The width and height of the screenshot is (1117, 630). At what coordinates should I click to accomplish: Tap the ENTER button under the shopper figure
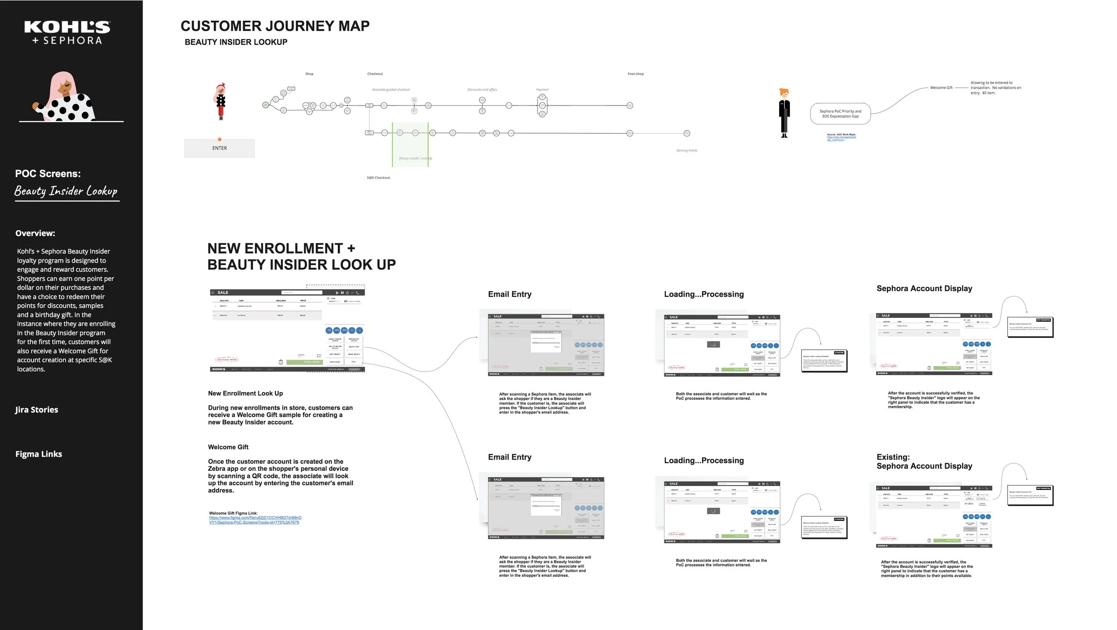tap(219, 148)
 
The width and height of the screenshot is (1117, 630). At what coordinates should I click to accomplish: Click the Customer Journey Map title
tap(275, 26)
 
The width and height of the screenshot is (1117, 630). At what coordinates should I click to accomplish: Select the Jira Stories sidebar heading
tap(37, 410)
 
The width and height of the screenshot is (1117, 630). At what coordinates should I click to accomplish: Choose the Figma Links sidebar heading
tap(39, 454)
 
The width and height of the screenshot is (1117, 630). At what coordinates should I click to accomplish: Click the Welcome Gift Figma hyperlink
tap(255, 520)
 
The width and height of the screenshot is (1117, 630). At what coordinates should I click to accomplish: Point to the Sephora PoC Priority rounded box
tap(840, 114)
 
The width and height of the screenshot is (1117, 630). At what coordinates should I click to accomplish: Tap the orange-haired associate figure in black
tap(784, 113)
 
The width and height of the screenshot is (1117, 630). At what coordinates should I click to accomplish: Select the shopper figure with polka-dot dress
tap(221, 101)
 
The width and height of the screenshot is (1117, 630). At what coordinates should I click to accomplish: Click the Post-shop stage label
tap(635, 74)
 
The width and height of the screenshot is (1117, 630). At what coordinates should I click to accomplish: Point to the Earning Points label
tap(686, 151)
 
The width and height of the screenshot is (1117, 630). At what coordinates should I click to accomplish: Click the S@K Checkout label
tap(378, 178)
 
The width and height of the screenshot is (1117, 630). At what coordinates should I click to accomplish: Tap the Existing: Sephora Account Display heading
tap(924, 461)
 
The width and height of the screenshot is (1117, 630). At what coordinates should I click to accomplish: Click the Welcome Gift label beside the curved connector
tap(941, 88)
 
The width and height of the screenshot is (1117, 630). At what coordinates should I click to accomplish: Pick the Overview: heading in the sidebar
tap(35, 233)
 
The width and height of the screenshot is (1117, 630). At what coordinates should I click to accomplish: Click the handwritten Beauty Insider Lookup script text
tap(66, 191)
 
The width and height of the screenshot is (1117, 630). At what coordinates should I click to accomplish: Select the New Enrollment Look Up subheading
tap(245, 393)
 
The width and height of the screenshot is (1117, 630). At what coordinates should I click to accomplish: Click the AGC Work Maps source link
tap(841, 139)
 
